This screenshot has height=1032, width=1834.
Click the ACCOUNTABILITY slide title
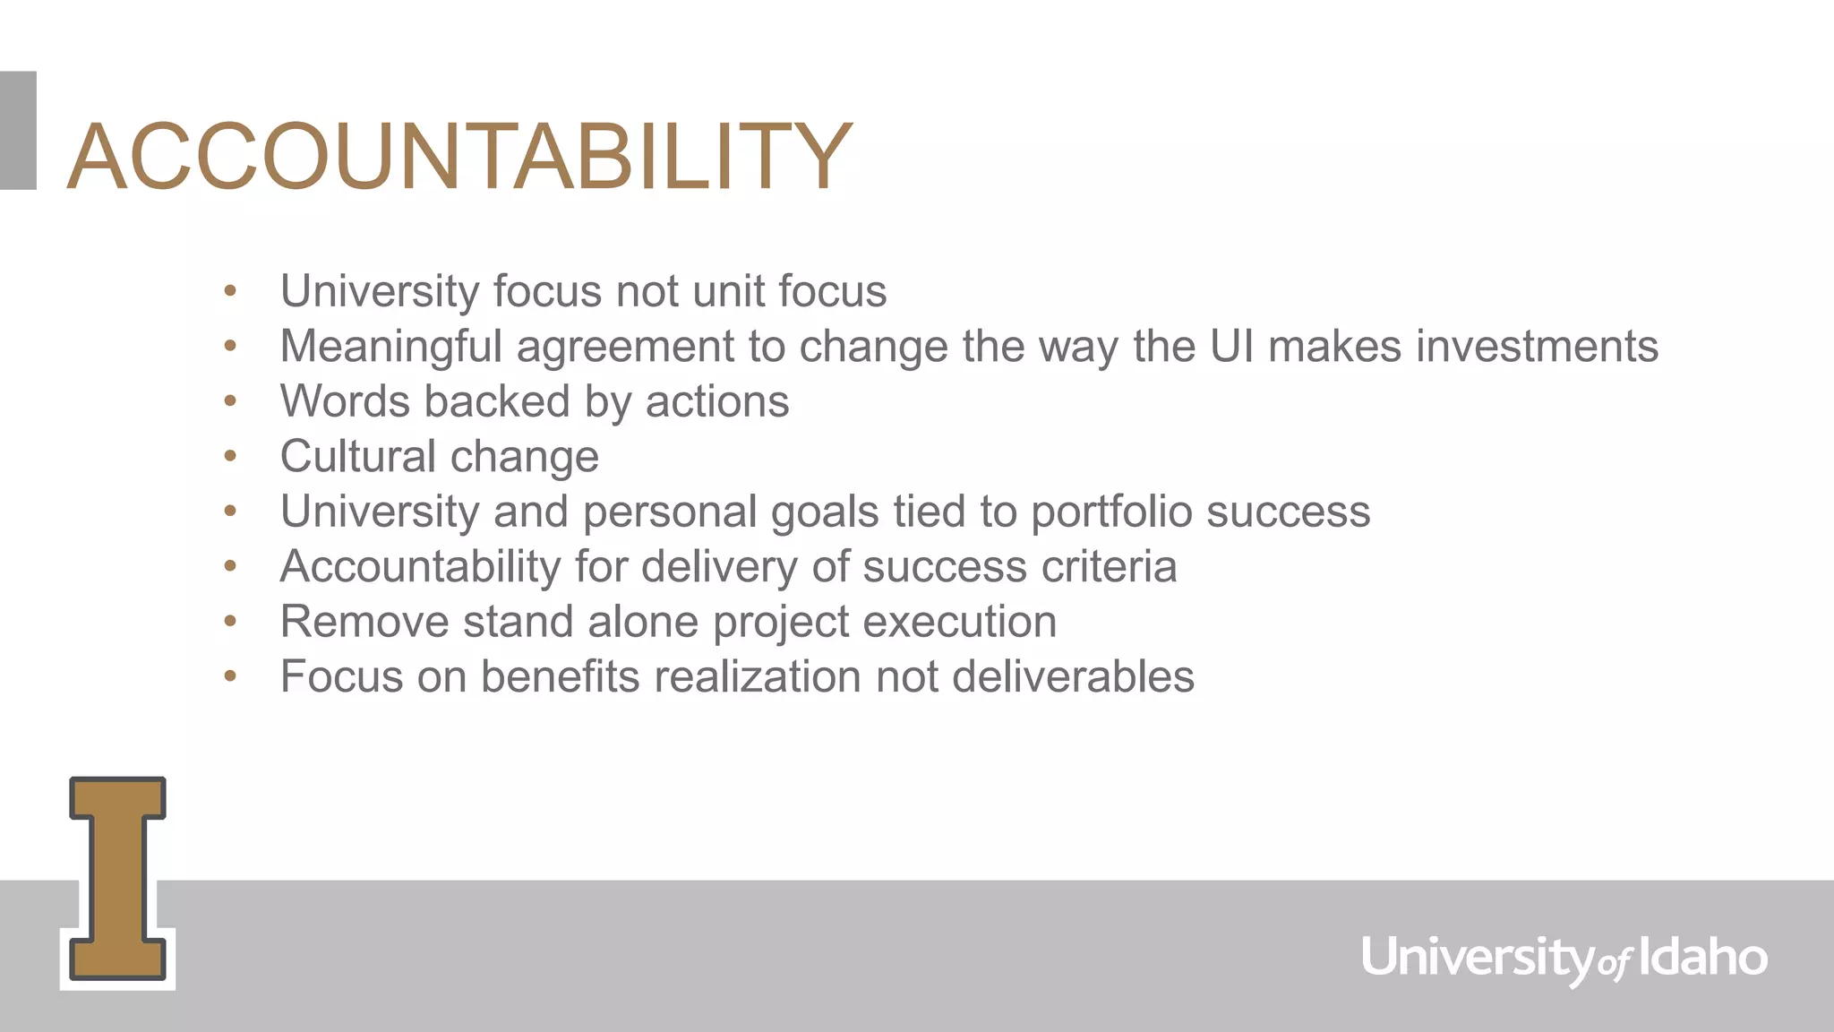pos(459,157)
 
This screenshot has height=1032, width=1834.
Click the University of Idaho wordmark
pos(1564,959)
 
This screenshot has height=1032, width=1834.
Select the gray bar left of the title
pos(18,130)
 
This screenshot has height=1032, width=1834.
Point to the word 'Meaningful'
pos(390,347)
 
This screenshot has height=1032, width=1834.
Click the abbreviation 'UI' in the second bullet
pos(1231,347)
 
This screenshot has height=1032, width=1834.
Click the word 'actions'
pos(717,401)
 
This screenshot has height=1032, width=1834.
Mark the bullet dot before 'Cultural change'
pos(230,457)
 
